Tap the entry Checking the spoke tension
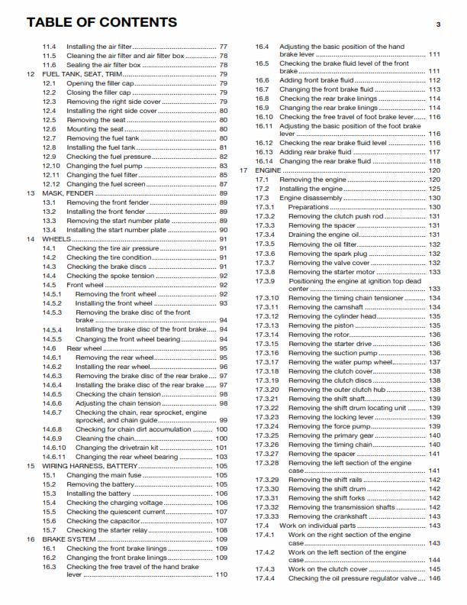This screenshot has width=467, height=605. (x=109, y=276)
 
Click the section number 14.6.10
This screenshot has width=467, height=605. (x=53, y=448)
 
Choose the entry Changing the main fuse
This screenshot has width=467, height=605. (x=105, y=475)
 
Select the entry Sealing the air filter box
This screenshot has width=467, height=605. (x=104, y=65)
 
